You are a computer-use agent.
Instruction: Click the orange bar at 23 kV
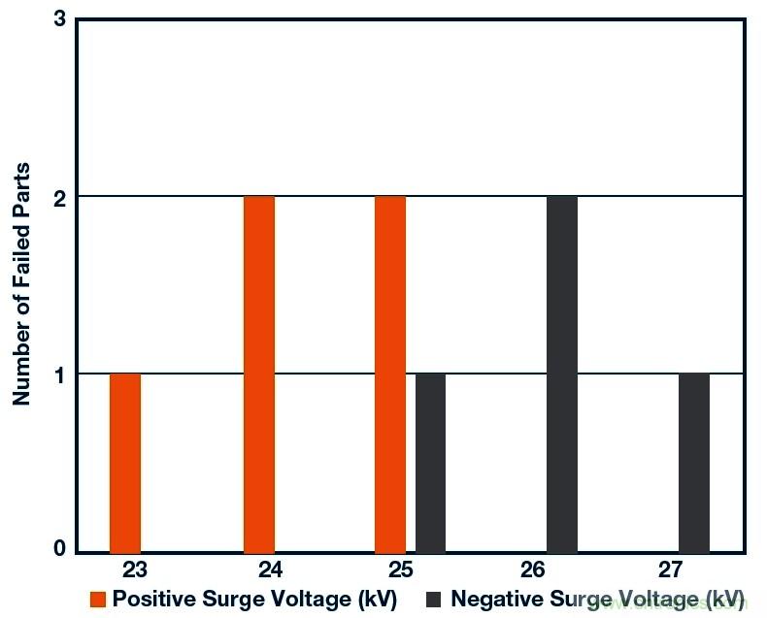125,462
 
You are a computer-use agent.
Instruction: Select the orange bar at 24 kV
259,374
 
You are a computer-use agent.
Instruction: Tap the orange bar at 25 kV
390,374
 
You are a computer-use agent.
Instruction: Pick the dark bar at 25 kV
430,462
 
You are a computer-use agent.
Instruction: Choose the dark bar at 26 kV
562,374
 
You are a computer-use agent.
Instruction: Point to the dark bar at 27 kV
694,462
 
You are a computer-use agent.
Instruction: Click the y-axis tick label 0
59,549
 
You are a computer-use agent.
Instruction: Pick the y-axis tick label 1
59,374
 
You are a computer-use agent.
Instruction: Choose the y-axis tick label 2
59,197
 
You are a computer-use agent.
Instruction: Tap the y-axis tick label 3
59,19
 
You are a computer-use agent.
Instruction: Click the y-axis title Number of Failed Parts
21,284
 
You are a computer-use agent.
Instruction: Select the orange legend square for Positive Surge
98,599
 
